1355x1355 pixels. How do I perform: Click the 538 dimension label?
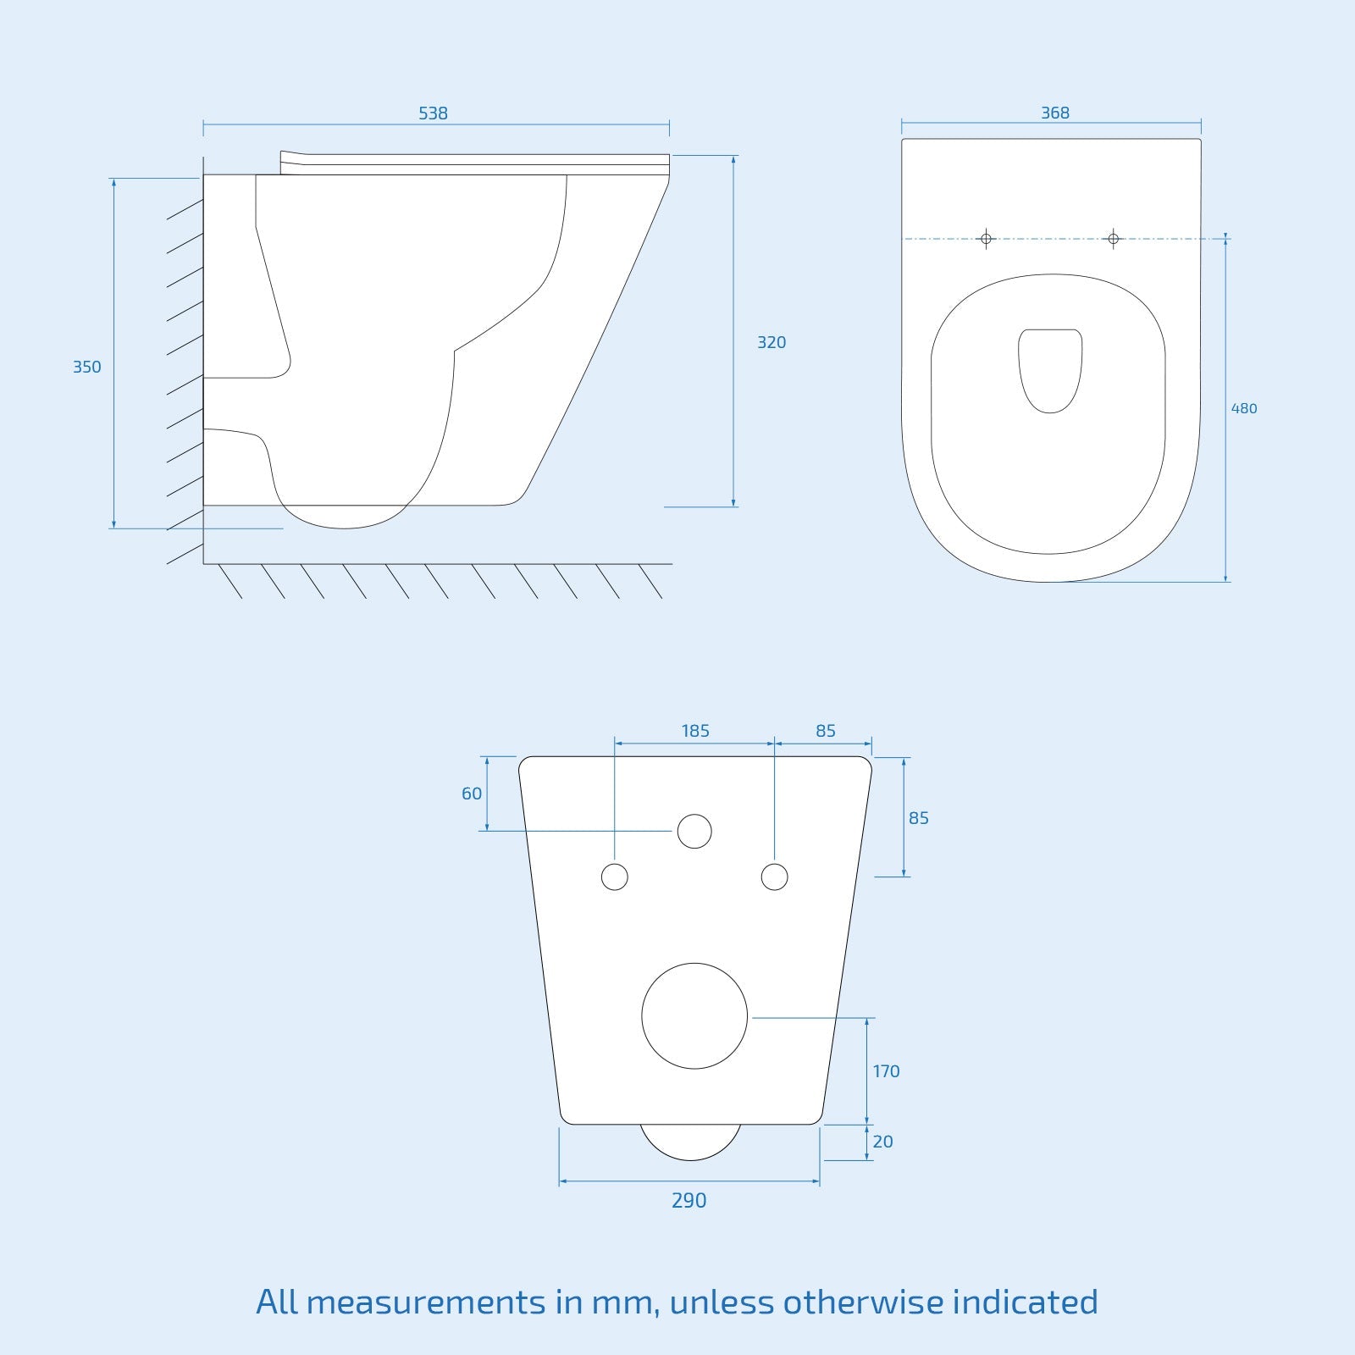(x=433, y=113)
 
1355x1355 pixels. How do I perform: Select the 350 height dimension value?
(x=86, y=368)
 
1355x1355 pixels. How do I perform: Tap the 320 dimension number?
(x=772, y=343)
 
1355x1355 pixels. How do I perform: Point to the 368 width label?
(x=1055, y=113)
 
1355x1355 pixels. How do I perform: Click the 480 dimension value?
(x=1244, y=409)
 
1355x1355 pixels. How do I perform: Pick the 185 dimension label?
(x=695, y=731)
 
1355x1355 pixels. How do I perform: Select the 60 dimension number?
(x=472, y=794)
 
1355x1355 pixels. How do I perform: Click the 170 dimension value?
(x=886, y=1072)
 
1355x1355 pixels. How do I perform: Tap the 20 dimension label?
(x=882, y=1142)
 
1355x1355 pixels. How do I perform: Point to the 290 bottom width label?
(x=689, y=1201)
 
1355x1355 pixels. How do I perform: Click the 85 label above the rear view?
(x=826, y=731)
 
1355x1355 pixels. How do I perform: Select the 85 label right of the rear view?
(x=919, y=819)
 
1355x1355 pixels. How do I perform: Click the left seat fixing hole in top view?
(x=986, y=239)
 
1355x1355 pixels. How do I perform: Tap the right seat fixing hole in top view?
(x=1114, y=239)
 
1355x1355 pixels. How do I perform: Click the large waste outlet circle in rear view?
(x=694, y=1016)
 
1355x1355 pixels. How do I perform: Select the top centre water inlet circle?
(x=694, y=832)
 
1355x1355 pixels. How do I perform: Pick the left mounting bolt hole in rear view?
(x=615, y=877)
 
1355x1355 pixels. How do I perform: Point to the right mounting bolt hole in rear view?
(x=775, y=877)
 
